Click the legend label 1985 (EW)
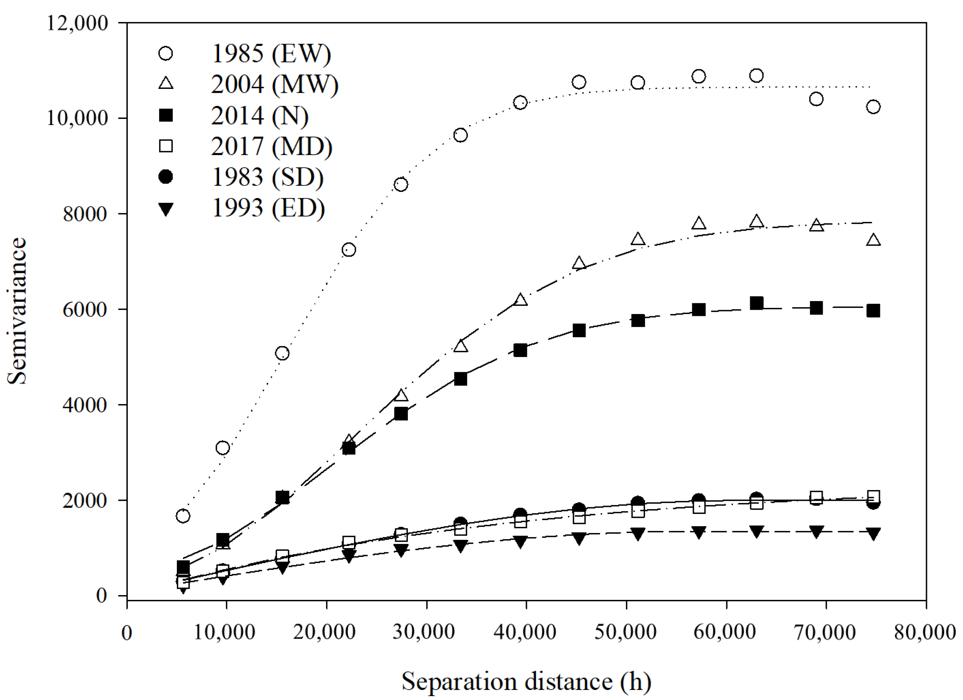[271, 54]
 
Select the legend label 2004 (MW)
[275, 85]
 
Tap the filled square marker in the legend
[166, 115]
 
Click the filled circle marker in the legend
[166, 176]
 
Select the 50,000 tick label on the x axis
[626, 632]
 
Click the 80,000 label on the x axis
[925, 632]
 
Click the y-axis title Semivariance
[17, 311]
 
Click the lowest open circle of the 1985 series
[183, 516]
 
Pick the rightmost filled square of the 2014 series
[873, 311]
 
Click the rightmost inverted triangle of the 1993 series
[873, 534]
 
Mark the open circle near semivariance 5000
[282, 353]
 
